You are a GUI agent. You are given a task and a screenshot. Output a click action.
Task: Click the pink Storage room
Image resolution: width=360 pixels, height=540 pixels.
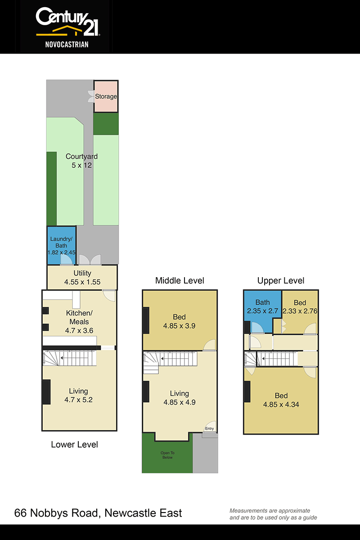coord(106,96)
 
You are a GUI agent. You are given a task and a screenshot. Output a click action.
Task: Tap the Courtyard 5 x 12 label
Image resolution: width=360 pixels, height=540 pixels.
coord(81,161)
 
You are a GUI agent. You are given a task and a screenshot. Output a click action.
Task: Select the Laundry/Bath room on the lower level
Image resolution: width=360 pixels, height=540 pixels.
coord(62,245)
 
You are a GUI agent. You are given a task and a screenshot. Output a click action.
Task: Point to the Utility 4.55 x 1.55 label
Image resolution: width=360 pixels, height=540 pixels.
coord(82,278)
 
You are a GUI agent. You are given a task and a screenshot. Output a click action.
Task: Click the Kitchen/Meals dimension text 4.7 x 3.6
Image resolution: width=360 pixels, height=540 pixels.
coord(79,330)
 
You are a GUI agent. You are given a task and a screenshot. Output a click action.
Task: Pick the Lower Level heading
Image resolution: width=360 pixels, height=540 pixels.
coord(74,445)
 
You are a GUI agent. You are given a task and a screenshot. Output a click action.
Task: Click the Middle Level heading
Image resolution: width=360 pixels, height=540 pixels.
coord(180,281)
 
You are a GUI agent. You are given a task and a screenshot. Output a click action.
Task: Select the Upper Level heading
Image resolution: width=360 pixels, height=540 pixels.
coord(281,281)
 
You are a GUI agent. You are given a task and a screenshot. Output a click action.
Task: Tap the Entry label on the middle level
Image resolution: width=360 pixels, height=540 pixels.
coord(209,428)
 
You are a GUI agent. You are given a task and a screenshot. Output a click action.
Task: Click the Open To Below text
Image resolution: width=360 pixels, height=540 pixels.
coord(167,455)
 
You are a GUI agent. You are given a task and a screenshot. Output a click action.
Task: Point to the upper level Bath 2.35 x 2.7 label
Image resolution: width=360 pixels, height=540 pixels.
coord(263,306)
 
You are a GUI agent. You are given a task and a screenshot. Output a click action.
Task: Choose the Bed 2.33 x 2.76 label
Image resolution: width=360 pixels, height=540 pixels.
coord(300,307)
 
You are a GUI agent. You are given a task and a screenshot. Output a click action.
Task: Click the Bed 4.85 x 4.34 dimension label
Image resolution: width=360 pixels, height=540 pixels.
coord(281,404)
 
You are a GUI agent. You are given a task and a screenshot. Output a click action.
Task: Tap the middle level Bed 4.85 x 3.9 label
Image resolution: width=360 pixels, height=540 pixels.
coord(179,321)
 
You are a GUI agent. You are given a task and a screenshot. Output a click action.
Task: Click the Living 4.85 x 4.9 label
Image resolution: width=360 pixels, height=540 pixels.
coord(180,398)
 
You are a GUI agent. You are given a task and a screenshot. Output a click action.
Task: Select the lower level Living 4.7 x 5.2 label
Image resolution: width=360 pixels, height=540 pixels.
coord(78,396)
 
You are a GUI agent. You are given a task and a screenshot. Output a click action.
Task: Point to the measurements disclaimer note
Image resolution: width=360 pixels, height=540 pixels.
coord(273,514)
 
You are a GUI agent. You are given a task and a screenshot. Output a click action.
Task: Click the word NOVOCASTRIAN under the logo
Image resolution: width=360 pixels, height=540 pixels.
coord(67,45)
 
